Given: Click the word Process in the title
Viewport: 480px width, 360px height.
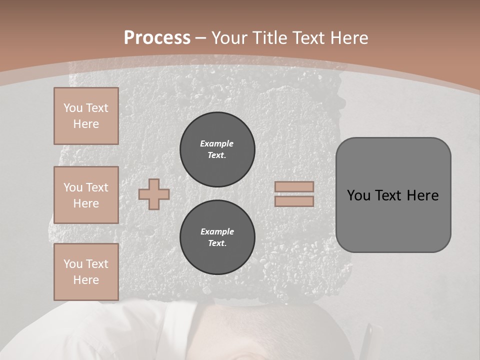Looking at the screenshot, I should pyautogui.click(x=157, y=37).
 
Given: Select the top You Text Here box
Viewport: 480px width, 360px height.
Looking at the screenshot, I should pyautogui.click(x=86, y=116).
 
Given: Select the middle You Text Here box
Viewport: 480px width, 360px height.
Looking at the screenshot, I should pyautogui.click(x=86, y=195).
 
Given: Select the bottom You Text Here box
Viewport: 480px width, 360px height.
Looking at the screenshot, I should pyautogui.click(x=86, y=272).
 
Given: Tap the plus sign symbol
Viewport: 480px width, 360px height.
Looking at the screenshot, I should pyautogui.click(x=154, y=194).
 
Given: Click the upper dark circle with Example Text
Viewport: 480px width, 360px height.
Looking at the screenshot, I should pyautogui.click(x=217, y=149).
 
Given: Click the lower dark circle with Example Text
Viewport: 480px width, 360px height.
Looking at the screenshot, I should pyautogui.click(x=217, y=237).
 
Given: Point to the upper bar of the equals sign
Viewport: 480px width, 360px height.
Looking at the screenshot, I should pyautogui.click(x=294, y=186).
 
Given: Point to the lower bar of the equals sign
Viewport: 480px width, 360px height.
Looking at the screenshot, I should pyautogui.click(x=294, y=201).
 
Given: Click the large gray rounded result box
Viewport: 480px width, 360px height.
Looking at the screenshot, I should pyautogui.click(x=393, y=220).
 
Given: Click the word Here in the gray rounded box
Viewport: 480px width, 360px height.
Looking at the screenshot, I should pyautogui.click(x=422, y=195).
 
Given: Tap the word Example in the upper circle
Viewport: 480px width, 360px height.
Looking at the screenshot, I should pyautogui.click(x=217, y=143).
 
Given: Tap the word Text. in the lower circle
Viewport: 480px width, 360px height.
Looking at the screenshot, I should pyautogui.click(x=217, y=243).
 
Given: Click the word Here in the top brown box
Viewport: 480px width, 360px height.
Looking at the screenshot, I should pyautogui.click(x=86, y=124).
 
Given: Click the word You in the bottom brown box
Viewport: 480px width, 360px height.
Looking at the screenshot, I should pyautogui.click(x=73, y=264).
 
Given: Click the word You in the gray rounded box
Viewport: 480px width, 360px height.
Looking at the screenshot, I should pyautogui.click(x=358, y=195).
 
